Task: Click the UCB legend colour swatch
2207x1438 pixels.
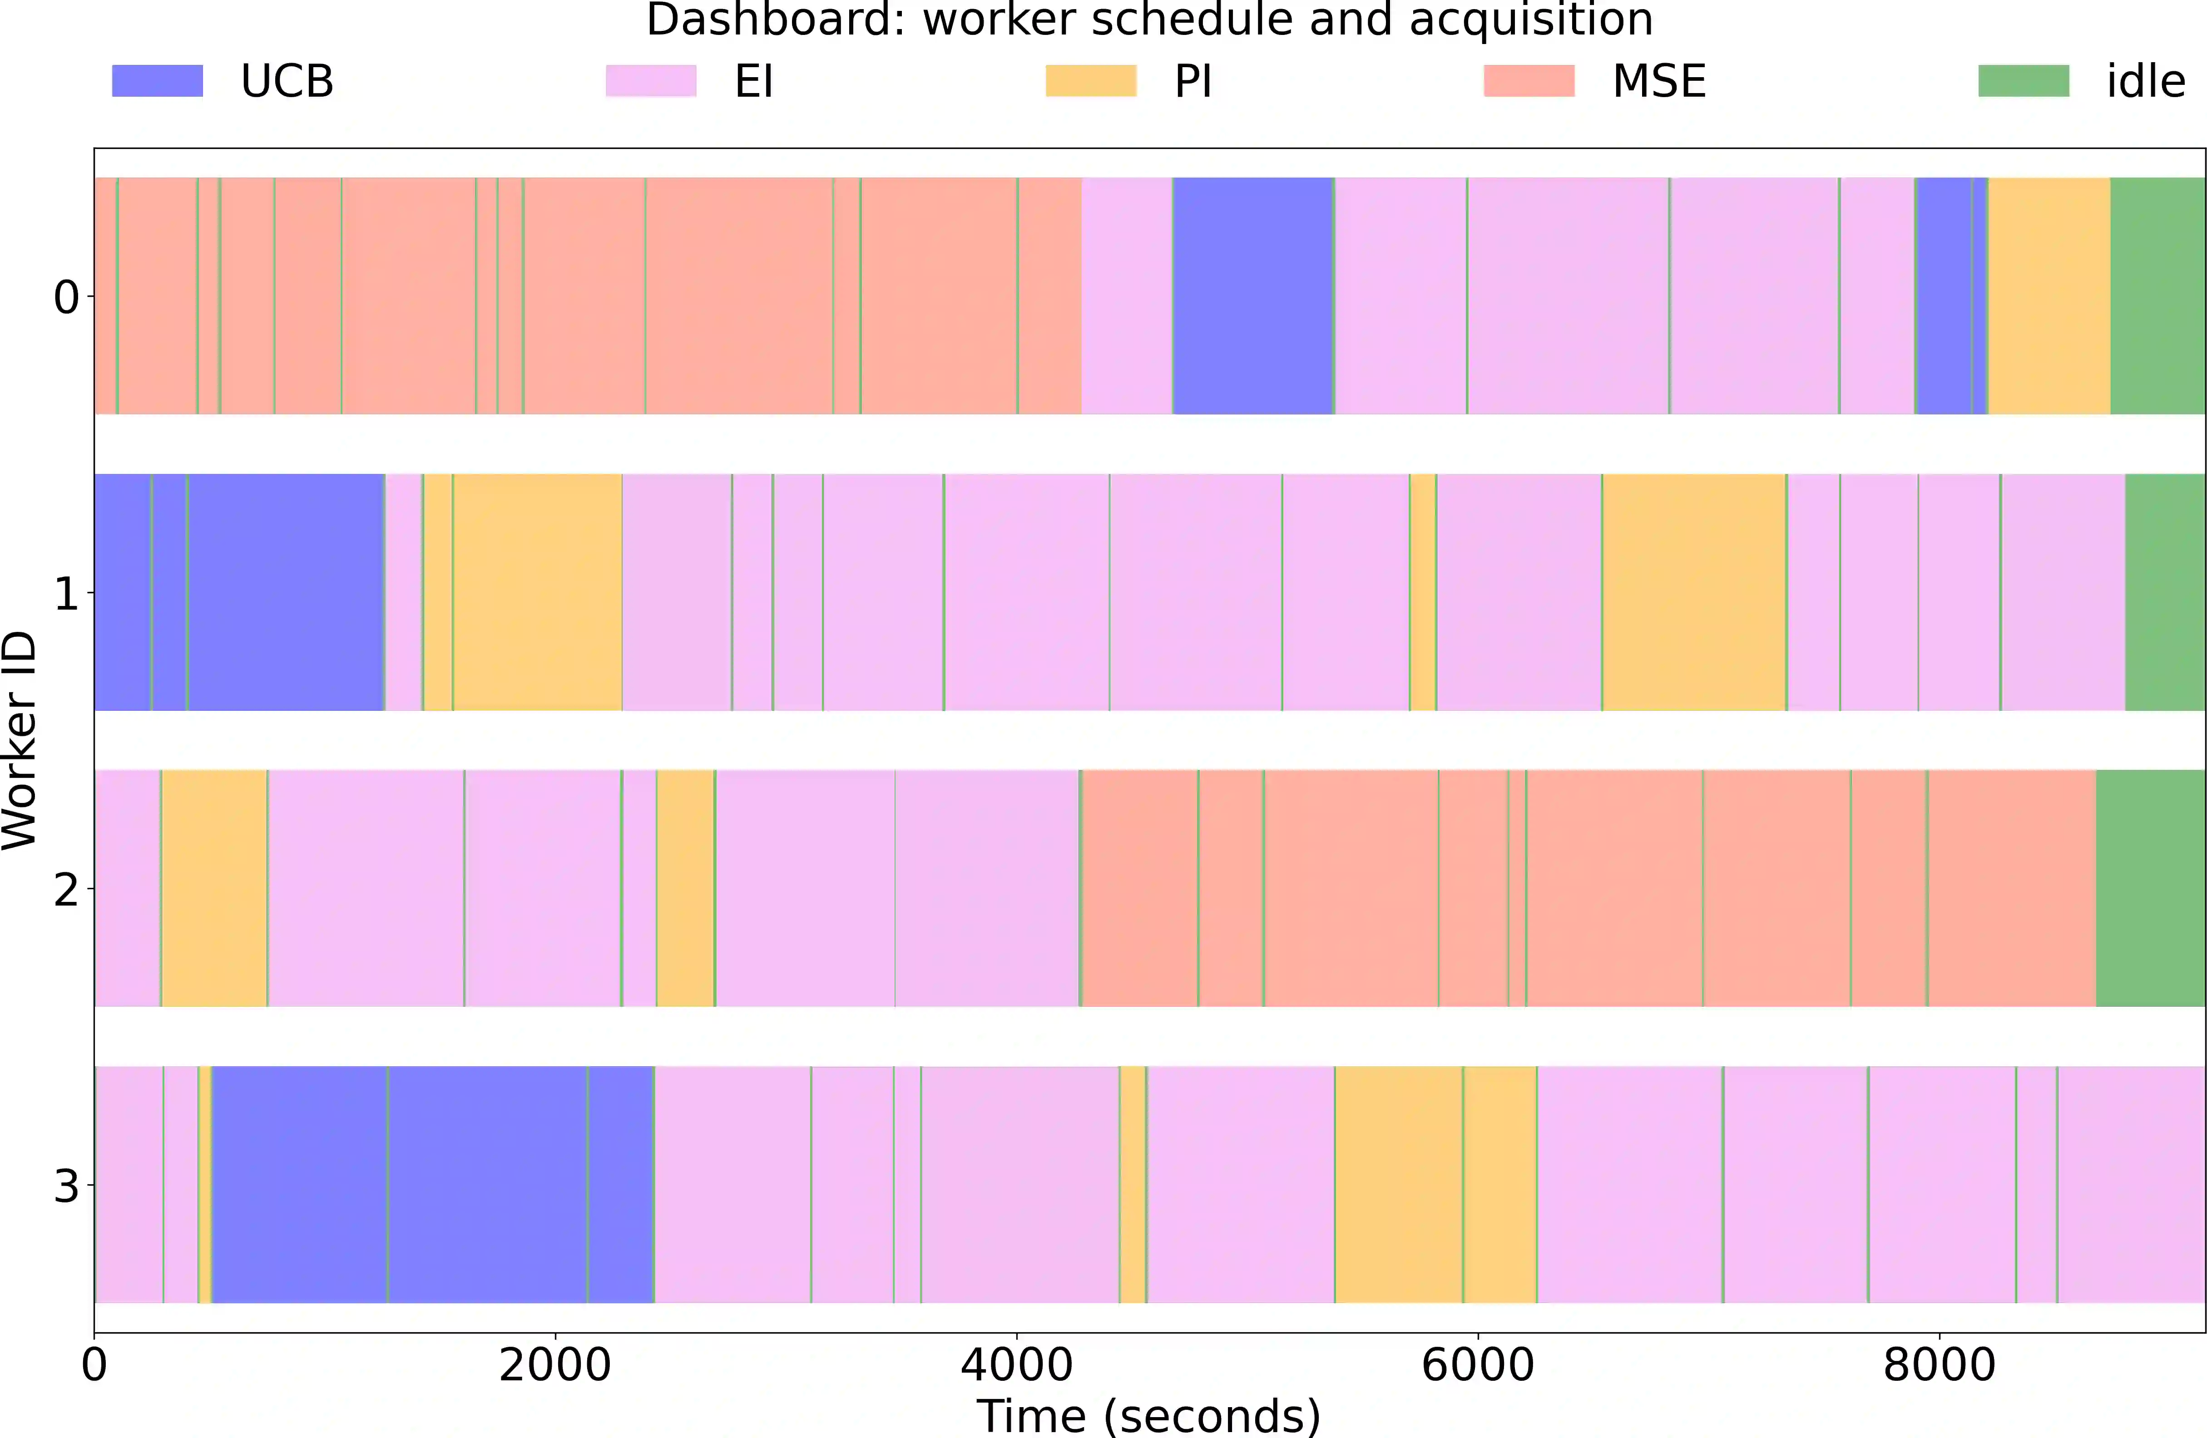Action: coord(157,81)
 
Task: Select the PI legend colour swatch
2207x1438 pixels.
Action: coord(1090,81)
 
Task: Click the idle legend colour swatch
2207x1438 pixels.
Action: coord(2024,81)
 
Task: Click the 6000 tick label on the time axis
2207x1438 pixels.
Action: coord(1477,1365)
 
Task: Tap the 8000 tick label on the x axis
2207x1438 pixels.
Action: coord(1938,1365)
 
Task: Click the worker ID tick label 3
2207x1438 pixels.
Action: coord(66,1186)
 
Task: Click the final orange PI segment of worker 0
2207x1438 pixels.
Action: coord(2049,296)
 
